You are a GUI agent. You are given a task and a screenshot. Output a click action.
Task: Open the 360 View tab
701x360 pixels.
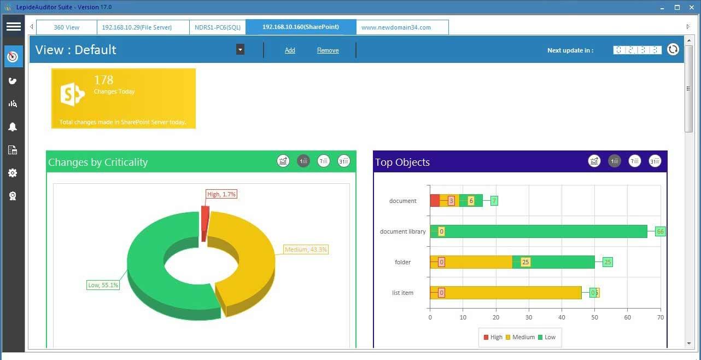pos(66,27)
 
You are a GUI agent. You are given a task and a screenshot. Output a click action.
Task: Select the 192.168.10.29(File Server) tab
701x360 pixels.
pos(137,27)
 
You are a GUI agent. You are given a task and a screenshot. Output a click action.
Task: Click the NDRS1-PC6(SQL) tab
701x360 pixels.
pos(217,27)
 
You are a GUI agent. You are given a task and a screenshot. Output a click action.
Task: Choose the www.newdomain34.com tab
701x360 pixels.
pos(396,27)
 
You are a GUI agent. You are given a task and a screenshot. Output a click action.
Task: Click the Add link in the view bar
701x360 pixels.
pos(290,50)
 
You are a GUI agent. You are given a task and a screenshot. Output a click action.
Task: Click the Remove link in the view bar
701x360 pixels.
pos(328,50)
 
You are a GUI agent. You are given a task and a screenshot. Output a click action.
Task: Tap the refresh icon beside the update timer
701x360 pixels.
pos(673,49)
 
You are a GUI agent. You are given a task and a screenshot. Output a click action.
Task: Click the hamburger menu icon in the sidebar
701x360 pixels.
pos(13,26)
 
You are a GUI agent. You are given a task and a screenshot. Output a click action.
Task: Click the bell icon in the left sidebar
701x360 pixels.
pos(13,127)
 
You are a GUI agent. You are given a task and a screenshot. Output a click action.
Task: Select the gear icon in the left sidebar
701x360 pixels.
pos(13,173)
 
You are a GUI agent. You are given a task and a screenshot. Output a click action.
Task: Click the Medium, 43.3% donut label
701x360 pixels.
pos(306,249)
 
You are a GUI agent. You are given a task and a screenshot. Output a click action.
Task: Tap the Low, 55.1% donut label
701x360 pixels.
pos(103,285)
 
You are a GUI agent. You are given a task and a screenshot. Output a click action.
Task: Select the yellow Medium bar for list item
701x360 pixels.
pos(509,293)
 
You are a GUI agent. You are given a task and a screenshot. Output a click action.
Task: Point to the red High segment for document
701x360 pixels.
pos(435,201)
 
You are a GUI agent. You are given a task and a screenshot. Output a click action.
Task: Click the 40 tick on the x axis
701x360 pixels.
pos(562,317)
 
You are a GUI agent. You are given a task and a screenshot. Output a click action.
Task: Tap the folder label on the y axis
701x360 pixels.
pos(402,262)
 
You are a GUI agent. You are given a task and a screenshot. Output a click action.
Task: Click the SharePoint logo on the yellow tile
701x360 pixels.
pos(73,95)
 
